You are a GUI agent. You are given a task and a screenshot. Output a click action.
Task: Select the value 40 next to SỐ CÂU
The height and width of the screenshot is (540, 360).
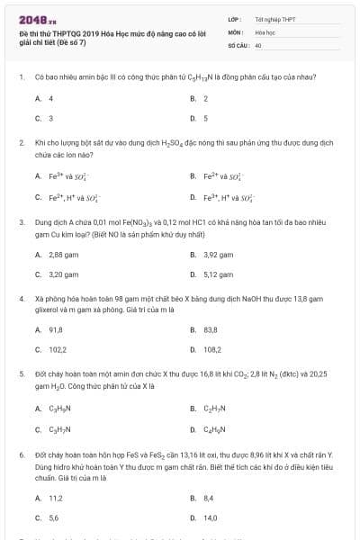click(258, 43)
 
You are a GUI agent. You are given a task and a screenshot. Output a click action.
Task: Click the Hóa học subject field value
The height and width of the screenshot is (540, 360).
click(265, 31)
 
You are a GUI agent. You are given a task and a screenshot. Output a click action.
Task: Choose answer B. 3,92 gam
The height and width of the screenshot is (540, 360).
click(217, 255)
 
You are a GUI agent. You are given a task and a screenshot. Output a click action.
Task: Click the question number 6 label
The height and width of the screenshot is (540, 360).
click(21, 455)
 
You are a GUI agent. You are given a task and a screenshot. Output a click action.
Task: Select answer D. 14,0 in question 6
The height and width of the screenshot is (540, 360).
click(210, 517)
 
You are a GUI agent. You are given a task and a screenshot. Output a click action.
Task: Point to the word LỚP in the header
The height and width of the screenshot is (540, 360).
click(235, 18)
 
